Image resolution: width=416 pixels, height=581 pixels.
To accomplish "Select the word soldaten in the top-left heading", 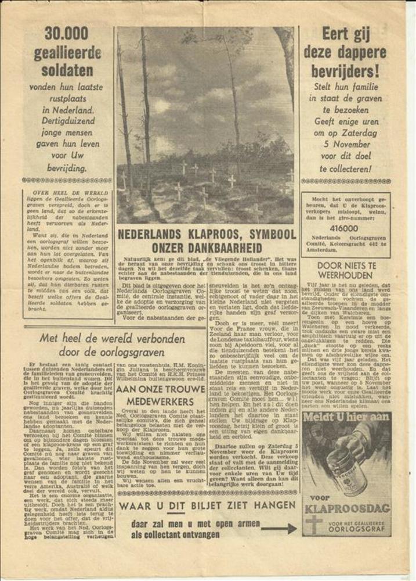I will click(x=67, y=71).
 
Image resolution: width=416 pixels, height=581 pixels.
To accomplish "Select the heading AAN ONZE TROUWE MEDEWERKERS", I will click(x=155, y=394).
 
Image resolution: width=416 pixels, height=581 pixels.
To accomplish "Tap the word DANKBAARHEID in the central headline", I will click(x=207, y=247).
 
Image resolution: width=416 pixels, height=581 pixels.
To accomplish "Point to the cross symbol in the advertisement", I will click(x=314, y=523).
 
